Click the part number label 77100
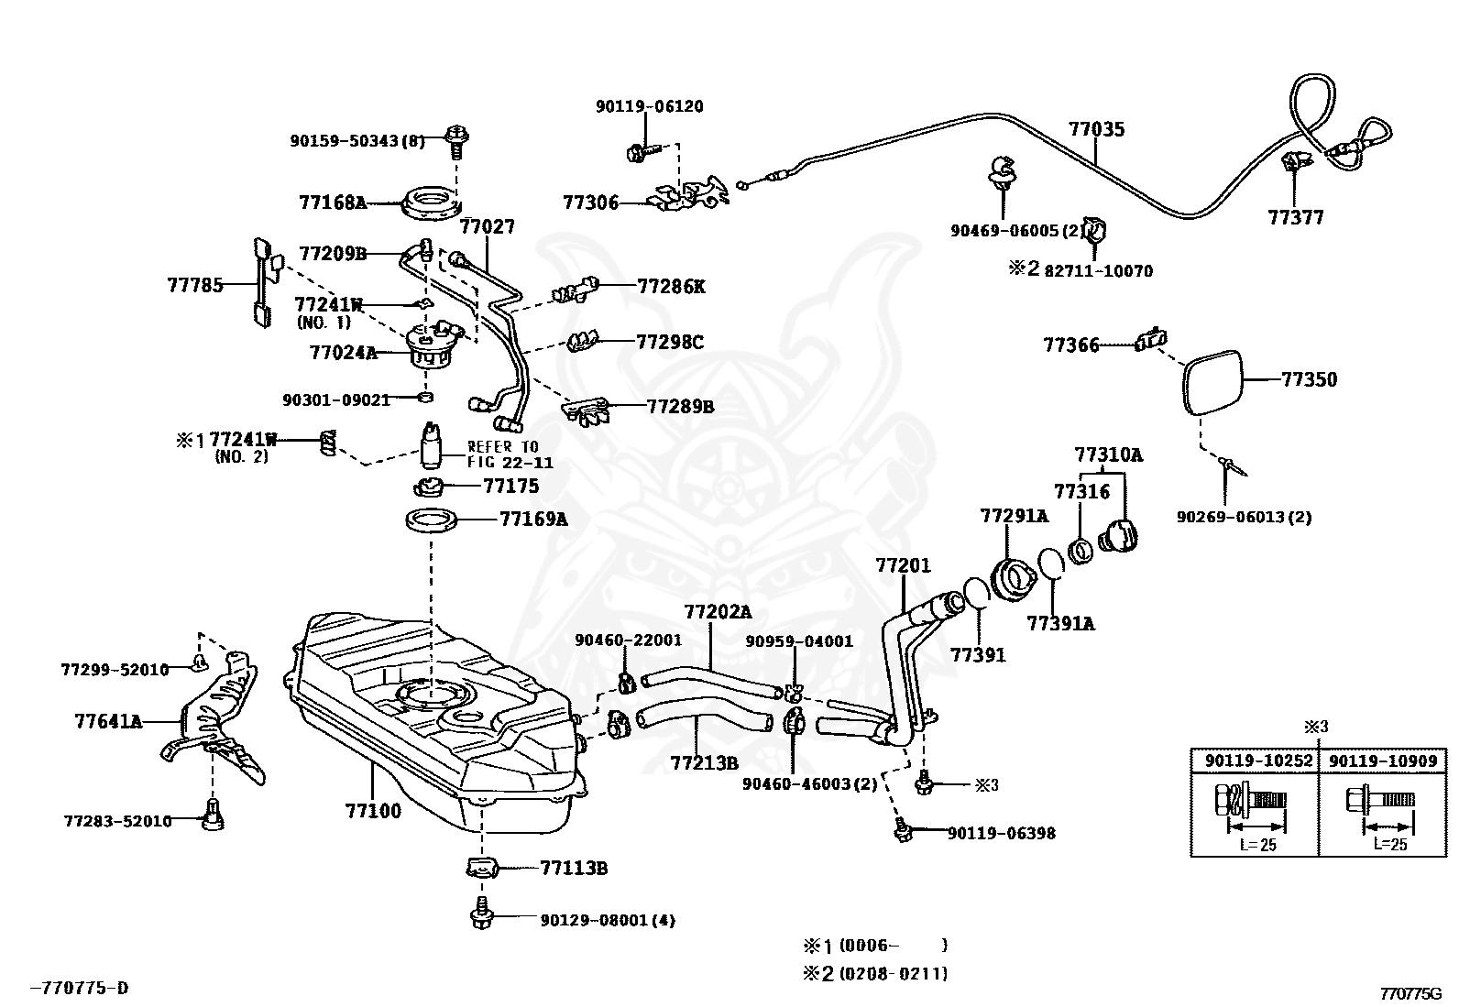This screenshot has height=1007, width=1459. (373, 811)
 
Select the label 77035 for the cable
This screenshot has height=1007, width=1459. (1096, 129)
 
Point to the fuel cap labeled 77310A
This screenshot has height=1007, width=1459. (1118, 535)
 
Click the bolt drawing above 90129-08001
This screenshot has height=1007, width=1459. (481, 913)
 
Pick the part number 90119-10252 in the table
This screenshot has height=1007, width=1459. (1258, 761)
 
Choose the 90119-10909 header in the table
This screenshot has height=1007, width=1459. (1383, 761)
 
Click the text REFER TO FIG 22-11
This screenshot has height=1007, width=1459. (510, 454)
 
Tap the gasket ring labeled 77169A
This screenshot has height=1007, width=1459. (431, 520)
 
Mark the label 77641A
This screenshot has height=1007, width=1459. (108, 722)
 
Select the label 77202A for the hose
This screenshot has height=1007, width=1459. (717, 612)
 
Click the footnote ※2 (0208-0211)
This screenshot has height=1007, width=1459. (874, 974)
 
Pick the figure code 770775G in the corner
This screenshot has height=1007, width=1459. (1410, 994)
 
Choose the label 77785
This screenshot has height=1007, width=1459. (195, 285)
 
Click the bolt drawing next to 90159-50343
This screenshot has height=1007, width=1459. (457, 142)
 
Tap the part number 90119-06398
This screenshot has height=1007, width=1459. (1001, 833)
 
